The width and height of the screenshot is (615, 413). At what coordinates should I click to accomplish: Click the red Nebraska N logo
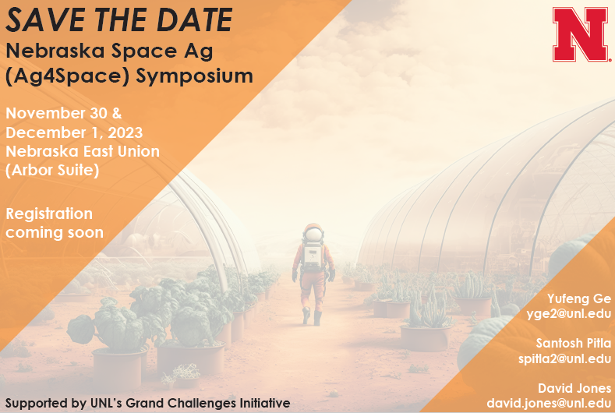(581, 34)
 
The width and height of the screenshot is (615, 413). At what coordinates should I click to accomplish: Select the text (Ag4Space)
(67, 76)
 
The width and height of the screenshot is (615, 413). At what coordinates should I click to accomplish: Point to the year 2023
(125, 132)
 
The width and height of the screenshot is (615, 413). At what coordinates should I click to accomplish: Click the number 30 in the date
(98, 113)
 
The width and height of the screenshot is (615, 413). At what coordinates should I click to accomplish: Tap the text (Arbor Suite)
(52, 170)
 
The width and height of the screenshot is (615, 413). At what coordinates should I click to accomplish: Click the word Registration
(49, 214)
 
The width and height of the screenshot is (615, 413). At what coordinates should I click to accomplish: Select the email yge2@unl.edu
(569, 314)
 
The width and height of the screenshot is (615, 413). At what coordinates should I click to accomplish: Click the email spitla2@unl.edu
(565, 359)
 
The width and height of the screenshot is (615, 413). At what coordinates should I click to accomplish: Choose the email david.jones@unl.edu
(549, 403)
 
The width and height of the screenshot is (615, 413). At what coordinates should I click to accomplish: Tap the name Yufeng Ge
(579, 299)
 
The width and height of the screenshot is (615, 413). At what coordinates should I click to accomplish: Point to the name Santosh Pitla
(574, 343)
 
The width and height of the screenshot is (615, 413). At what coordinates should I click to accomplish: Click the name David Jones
(574, 388)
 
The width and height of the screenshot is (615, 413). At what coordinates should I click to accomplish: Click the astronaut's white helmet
(313, 234)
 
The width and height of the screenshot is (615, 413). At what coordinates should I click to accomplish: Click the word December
(45, 132)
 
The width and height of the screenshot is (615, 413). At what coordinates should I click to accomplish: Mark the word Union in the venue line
(139, 151)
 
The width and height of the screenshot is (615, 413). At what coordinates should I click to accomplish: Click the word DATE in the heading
(195, 19)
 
